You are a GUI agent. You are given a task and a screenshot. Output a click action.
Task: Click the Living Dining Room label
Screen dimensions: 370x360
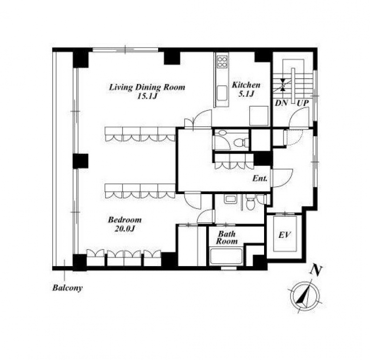[147, 87]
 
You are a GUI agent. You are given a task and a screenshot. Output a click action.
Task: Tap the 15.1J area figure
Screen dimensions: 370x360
[147, 97]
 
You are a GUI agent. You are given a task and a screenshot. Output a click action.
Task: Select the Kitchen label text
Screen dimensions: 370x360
[246, 85]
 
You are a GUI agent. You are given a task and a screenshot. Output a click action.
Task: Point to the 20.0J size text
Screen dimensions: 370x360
[124, 228]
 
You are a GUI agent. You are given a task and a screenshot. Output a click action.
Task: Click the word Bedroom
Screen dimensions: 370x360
[125, 220]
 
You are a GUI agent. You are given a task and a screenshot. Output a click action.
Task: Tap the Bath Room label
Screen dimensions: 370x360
[227, 238]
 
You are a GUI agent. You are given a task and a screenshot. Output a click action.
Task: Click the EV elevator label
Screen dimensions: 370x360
[284, 235]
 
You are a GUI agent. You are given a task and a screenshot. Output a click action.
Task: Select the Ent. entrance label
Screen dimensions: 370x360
[260, 178]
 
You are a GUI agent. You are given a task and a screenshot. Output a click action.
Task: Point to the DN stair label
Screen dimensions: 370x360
[282, 103]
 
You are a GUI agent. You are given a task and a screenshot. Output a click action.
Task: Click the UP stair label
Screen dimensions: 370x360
[303, 103]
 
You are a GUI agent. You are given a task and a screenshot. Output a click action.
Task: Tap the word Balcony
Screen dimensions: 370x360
[68, 288]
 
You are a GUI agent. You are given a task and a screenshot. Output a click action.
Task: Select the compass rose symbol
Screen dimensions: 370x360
[305, 295]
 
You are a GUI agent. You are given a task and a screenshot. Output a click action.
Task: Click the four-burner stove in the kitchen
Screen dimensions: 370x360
[222, 61]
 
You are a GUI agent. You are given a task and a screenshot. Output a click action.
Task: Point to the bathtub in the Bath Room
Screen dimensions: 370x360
[226, 256]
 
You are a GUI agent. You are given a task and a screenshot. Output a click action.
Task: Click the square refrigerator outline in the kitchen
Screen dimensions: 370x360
[259, 116]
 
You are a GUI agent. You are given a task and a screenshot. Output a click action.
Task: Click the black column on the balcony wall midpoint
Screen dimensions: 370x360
[80, 161]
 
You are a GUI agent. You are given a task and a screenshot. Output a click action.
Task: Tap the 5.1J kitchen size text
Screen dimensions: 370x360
[246, 94]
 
